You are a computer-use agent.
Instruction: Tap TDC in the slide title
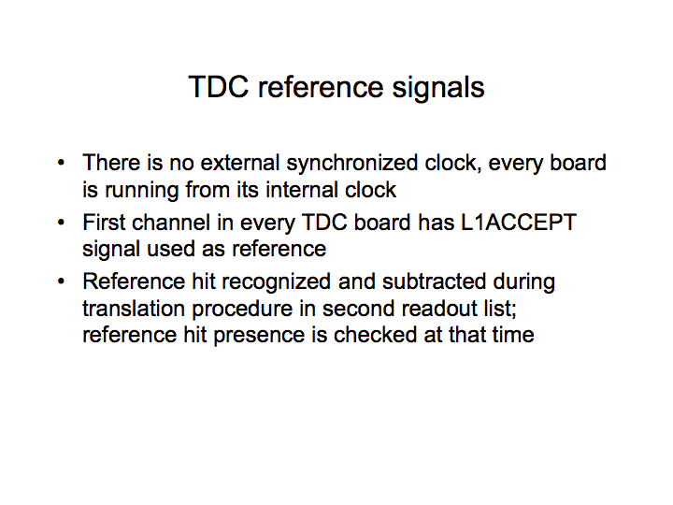click(x=219, y=87)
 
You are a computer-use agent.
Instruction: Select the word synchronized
click(x=352, y=164)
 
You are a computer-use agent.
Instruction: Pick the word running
click(x=142, y=191)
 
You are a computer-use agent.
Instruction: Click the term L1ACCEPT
click(x=519, y=223)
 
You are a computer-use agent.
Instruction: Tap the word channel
click(x=171, y=223)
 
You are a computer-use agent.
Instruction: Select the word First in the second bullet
click(x=104, y=223)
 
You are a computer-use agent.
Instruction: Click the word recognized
click(x=276, y=282)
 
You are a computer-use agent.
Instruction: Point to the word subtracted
click(x=434, y=281)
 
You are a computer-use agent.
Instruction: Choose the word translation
click(x=134, y=309)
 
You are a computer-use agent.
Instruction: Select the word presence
click(x=259, y=336)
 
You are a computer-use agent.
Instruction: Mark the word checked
click(x=375, y=335)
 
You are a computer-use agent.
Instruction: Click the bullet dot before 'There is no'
click(x=62, y=163)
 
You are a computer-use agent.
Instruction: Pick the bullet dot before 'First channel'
click(x=62, y=223)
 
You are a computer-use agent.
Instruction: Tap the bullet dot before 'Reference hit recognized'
click(x=62, y=281)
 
